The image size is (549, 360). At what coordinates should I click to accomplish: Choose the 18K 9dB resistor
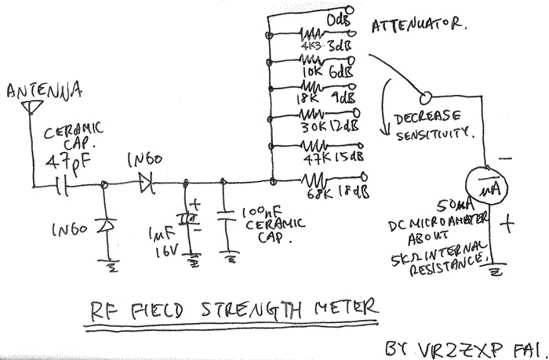(x=312, y=88)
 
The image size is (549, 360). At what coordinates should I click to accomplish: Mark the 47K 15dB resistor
(x=312, y=147)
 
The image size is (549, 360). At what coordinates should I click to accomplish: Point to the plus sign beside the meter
(x=510, y=225)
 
